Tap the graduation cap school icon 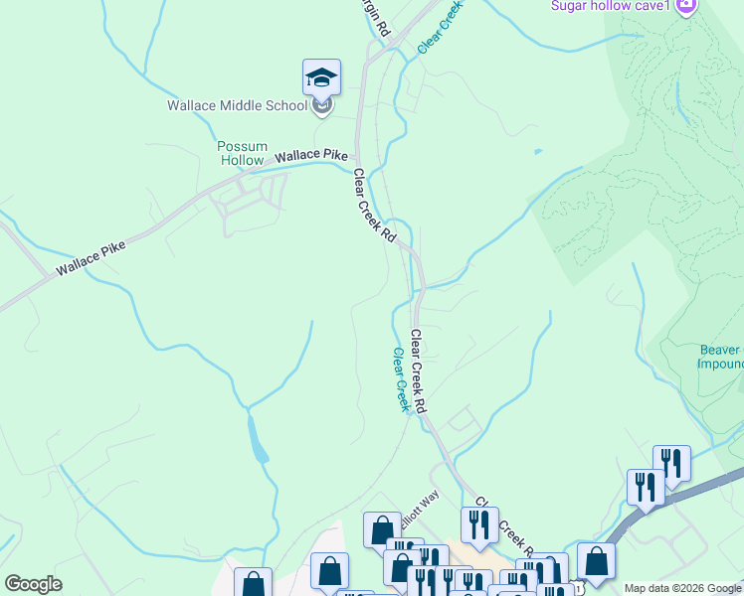point(321,77)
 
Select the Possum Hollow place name point(243,153)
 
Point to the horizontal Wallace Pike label point(311,155)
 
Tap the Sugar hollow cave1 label point(611,7)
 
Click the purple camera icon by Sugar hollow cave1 point(685,7)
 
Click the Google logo point(33,584)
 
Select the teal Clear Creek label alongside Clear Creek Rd point(400,379)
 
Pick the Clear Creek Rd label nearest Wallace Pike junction point(375,206)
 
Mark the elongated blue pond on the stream point(257,440)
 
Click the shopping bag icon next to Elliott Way point(382,530)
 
